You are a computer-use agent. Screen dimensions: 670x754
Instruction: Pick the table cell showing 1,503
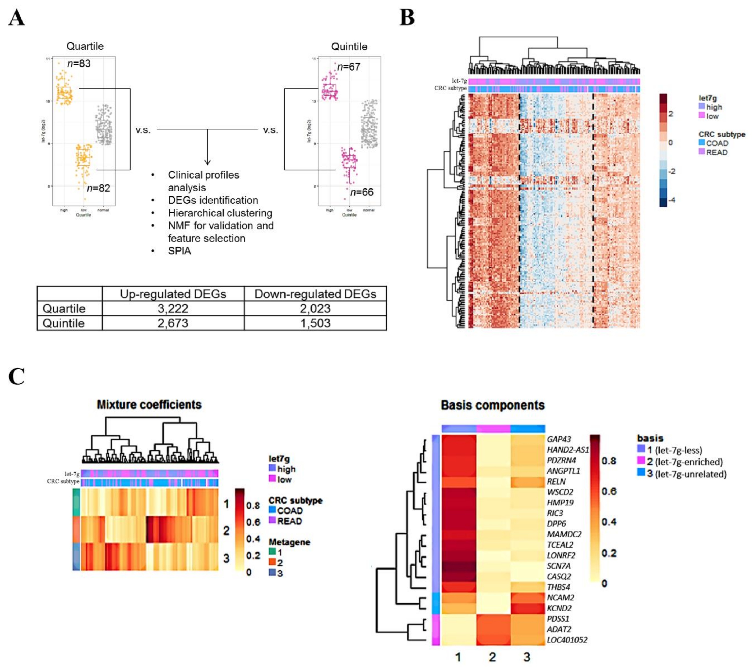[315, 323]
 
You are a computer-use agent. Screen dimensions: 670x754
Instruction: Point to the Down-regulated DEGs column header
[315, 294]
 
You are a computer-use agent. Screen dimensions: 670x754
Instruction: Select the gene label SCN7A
[558, 566]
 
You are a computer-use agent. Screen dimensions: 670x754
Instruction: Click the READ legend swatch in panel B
[702, 152]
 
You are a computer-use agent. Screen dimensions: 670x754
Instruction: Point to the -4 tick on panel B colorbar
[672, 200]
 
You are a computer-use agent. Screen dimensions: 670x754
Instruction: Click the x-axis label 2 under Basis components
[492, 657]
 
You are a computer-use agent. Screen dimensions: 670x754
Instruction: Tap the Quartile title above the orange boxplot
[85, 46]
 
